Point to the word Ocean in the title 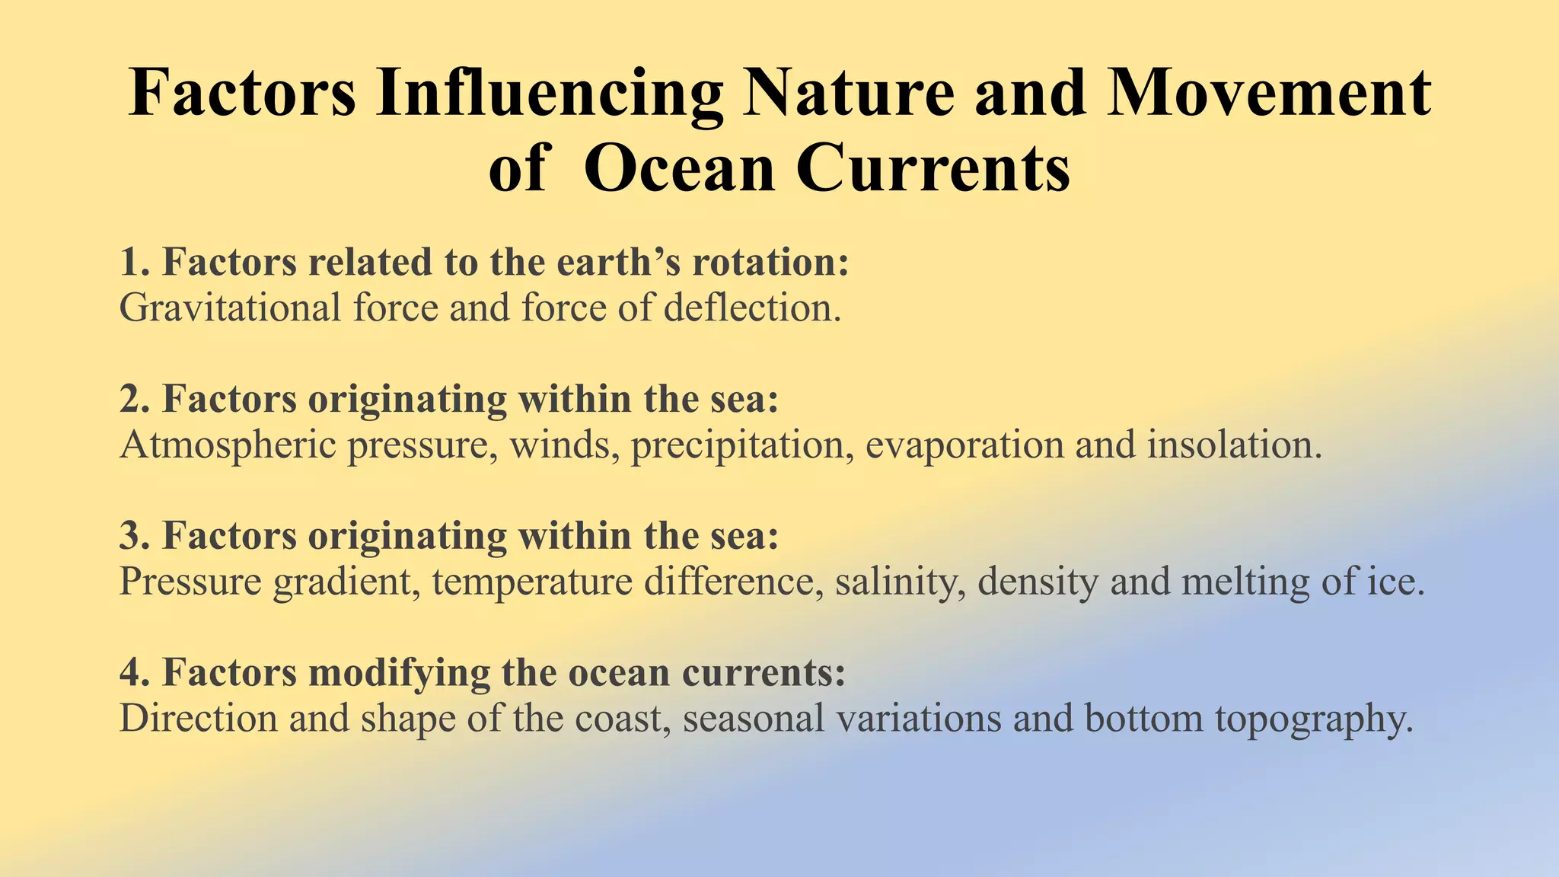click(679, 168)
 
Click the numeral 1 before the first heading click(130, 263)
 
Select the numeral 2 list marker click(130, 400)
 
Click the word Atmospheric click(228, 445)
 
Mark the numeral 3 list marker click(130, 536)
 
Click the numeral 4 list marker click(130, 673)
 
